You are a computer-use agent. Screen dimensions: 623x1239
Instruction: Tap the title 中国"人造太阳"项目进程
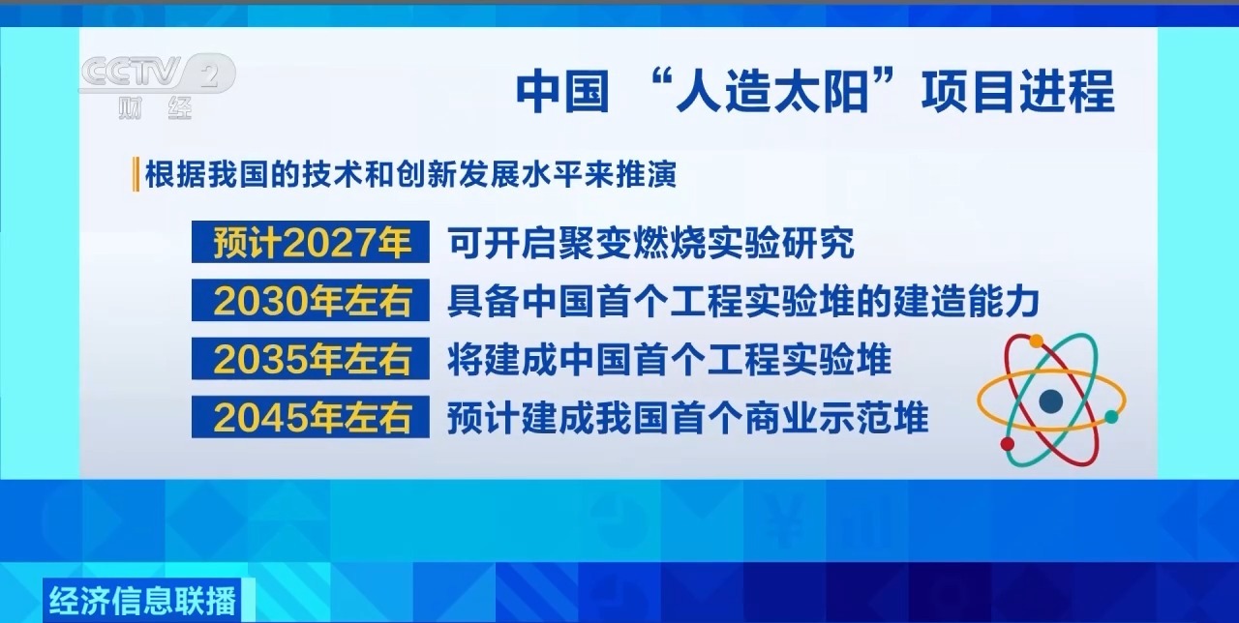click(x=814, y=94)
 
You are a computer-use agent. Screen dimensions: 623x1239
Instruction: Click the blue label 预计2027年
click(x=311, y=243)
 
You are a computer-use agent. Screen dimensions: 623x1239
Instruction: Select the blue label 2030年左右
click(x=311, y=302)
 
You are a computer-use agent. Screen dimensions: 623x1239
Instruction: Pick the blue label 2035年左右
click(x=311, y=360)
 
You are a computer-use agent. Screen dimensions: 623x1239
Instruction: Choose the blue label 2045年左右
click(x=311, y=418)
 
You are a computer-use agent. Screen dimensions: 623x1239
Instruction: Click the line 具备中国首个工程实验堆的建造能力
click(x=742, y=302)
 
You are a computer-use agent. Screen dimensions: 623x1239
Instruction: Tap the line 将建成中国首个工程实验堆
click(x=669, y=360)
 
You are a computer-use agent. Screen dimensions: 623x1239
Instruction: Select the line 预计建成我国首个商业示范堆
click(x=687, y=418)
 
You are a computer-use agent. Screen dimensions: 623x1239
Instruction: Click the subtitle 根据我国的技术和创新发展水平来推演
click(x=410, y=175)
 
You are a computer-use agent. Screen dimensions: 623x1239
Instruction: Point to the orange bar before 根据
click(x=136, y=175)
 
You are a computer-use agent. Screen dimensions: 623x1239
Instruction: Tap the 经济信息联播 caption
click(x=140, y=601)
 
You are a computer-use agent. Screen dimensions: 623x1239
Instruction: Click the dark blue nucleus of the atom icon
click(x=1050, y=400)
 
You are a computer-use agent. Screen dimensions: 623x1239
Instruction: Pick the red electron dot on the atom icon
click(x=1007, y=444)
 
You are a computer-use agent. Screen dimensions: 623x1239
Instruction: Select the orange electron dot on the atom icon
click(x=1036, y=341)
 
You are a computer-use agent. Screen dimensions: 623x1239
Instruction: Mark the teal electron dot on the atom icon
click(x=1111, y=417)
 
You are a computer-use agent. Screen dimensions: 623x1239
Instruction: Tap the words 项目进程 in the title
click(x=1018, y=94)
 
